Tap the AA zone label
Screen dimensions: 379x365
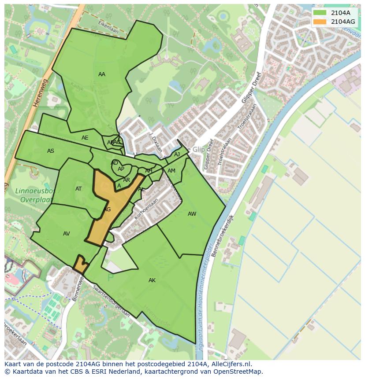pos(102,74)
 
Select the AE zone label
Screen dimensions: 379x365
pos(85,138)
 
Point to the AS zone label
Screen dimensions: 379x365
pos(51,151)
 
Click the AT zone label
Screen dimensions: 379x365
pos(78,189)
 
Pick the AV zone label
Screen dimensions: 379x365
pos(67,234)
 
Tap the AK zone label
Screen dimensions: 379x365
pos(152,280)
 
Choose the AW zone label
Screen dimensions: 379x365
pos(192,214)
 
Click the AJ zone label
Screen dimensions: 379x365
pos(177,155)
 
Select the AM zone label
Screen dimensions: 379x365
pos(171,171)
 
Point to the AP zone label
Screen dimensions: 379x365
pos(121,169)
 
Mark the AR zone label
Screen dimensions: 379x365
pos(127,180)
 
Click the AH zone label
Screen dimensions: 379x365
pos(149,171)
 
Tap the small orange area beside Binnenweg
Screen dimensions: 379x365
pos(80,264)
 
